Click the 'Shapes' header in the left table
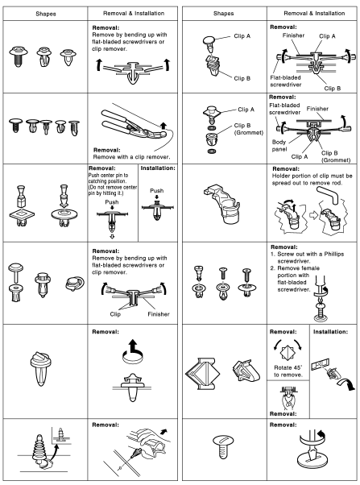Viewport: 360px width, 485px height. coord(45,14)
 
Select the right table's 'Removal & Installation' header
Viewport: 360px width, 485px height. coord(314,14)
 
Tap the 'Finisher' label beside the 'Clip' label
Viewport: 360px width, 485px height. coord(159,314)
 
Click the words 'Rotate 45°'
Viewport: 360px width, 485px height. coord(288,367)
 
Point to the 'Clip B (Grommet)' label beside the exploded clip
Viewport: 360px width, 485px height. coord(248,129)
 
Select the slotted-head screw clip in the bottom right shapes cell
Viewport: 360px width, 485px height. coord(223,446)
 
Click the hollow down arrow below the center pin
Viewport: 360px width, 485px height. coord(112,237)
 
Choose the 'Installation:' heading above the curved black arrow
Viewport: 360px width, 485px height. coord(330,332)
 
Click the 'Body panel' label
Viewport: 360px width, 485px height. coord(279,146)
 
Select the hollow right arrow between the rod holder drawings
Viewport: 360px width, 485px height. coord(314,215)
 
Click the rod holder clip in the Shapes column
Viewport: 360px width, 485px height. coord(222,204)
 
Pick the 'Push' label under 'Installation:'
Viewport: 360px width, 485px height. coord(157,190)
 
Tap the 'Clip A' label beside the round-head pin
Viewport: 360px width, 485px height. coord(242,36)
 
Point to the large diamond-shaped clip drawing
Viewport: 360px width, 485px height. coord(203,374)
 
